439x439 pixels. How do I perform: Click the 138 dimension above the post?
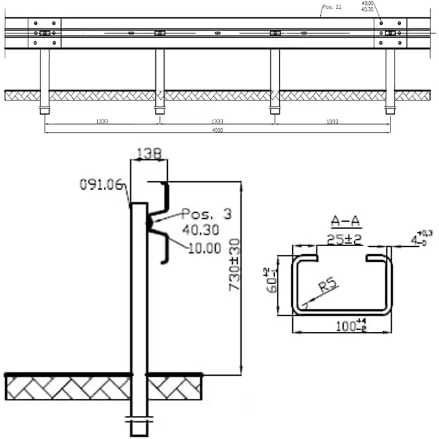(149, 153)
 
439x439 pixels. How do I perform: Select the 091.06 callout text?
(101, 185)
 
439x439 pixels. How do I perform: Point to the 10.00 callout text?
(205, 248)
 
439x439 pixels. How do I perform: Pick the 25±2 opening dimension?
(345, 239)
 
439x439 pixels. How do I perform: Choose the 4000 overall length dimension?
(217, 130)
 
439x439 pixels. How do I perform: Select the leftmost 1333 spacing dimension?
(102, 122)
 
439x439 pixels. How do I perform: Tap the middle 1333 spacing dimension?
(217, 122)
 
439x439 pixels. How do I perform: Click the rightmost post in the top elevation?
(390, 79)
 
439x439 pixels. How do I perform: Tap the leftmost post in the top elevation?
(44, 79)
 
